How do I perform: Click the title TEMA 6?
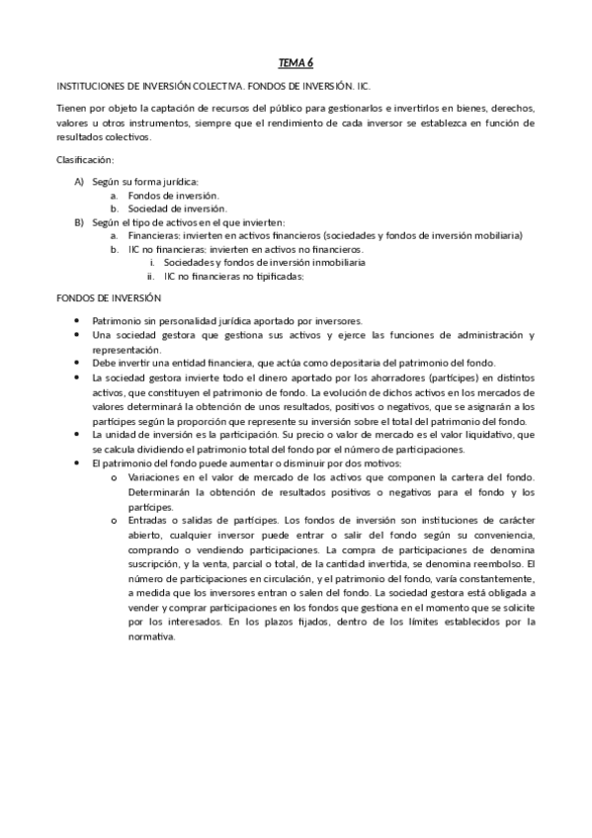pos(295,62)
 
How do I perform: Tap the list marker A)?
pos(79,182)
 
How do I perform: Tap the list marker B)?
pos(79,222)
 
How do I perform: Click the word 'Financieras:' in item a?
pos(155,236)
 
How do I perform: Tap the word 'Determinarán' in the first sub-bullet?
pos(161,492)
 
